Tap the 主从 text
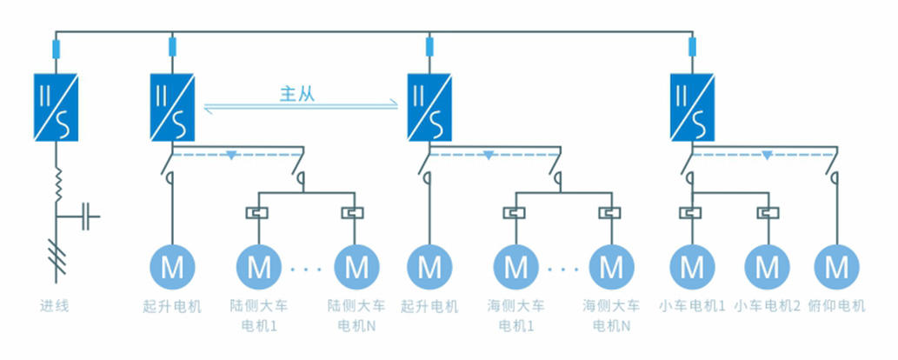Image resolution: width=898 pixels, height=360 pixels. click(296, 95)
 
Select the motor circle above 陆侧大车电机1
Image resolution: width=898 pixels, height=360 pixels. click(260, 266)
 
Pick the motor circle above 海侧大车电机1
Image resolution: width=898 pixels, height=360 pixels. click(516, 266)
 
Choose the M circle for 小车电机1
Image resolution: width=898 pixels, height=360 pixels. click(692, 266)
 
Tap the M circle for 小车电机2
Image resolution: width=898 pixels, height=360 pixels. click(767, 266)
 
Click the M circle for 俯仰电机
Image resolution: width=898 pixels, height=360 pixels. click(835, 266)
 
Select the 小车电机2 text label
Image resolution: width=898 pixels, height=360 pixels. click(767, 306)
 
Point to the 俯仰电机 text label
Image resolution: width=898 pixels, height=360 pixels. click(836, 306)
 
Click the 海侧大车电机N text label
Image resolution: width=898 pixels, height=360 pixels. click(611, 316)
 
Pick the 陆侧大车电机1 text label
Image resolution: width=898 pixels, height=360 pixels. click(260, 316)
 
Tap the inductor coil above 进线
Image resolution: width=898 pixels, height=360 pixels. click(57, 184)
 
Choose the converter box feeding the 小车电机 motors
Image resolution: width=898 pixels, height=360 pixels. click(692, 108)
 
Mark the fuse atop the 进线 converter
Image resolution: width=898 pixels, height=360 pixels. click(57, 49)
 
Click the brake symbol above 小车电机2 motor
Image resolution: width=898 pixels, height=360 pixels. click(767, 212)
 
